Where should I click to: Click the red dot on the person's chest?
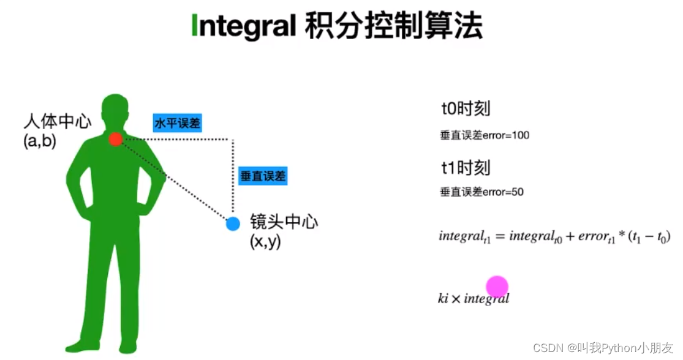(x=116, y=140)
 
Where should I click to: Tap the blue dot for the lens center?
(x=233, y=223)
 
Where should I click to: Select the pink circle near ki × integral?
(x=497, y=287)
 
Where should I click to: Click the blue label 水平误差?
(x=177, y=123)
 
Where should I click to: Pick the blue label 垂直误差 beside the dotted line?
(x=263, y=176)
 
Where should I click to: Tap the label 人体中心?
(x=57, y=121)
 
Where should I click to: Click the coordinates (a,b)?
(x=39, y=141)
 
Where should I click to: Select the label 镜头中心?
(x=284, y=222)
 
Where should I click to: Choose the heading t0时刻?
(x=466, y=109)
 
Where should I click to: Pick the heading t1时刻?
(x=466, y=167)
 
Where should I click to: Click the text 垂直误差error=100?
(x=485, y=135)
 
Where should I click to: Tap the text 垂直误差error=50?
(x=481, y=192)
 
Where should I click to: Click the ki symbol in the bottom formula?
(x=443, y=299)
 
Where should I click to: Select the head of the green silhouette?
(x=116, y=110)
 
